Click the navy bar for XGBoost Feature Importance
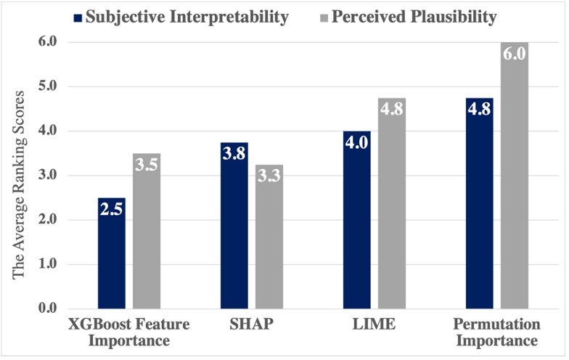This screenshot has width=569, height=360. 112,254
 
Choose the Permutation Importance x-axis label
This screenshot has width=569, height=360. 497,332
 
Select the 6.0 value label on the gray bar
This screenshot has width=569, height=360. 514,54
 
